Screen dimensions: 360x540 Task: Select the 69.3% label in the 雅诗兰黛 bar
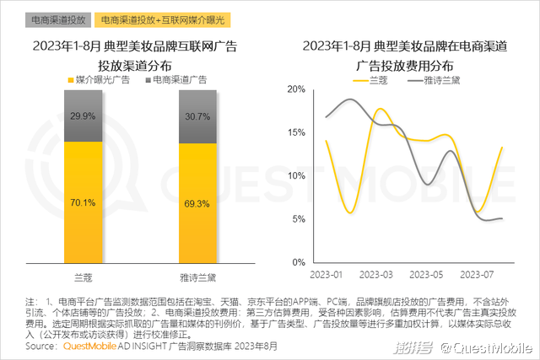coord(196,203)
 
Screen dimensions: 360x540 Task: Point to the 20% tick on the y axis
coord(293,89)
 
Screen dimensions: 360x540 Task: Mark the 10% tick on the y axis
coord(293,176)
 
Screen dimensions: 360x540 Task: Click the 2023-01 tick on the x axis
coord(327,275)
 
